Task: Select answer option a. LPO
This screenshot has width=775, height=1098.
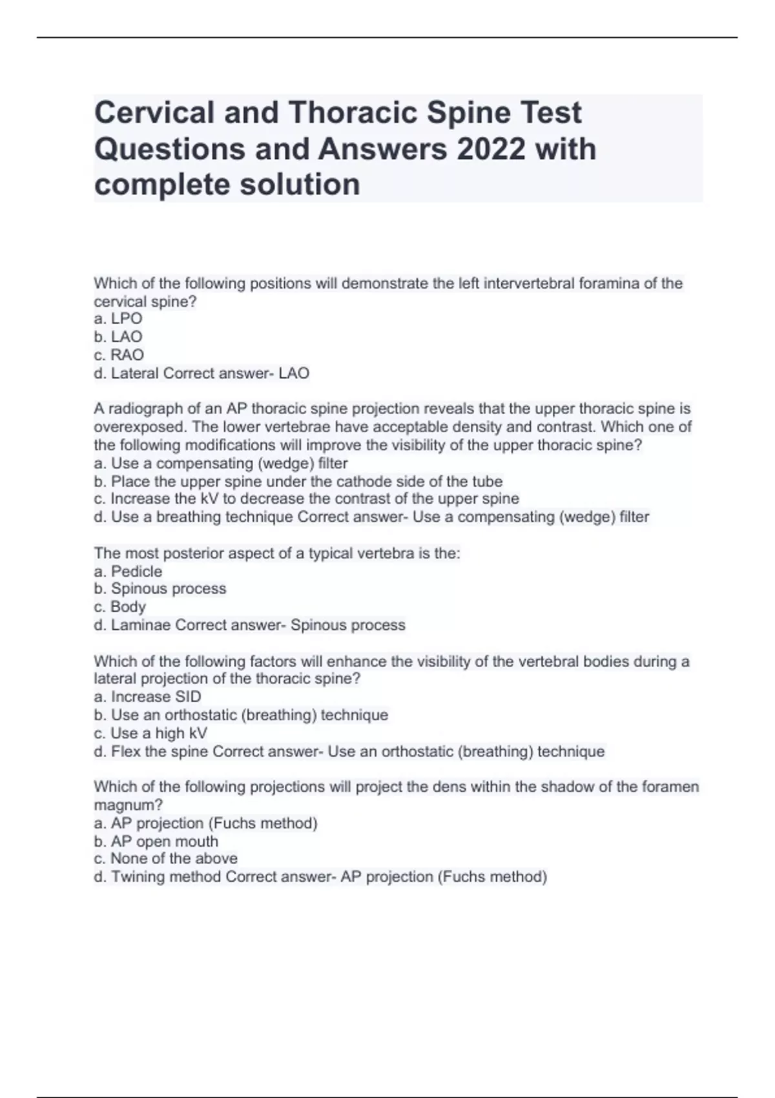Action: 118,318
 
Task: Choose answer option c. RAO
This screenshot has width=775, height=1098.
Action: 119,355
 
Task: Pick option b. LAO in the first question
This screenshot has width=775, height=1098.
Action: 118,337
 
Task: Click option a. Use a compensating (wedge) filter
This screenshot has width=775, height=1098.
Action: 221,463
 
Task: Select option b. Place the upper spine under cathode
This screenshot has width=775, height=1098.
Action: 298,481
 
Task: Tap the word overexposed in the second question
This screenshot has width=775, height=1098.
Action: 138,427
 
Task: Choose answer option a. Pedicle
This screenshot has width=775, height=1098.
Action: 128,571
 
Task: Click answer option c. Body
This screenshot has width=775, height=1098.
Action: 120,606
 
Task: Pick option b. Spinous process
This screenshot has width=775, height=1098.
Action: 160,588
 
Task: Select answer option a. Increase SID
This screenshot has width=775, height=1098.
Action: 147,696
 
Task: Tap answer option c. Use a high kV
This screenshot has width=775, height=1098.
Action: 150,733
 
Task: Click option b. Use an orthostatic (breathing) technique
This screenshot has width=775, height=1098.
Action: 241,715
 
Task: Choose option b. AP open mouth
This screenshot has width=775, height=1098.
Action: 156,841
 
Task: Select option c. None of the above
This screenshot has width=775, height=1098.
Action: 165,858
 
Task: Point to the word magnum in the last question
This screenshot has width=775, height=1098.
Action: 128,805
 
